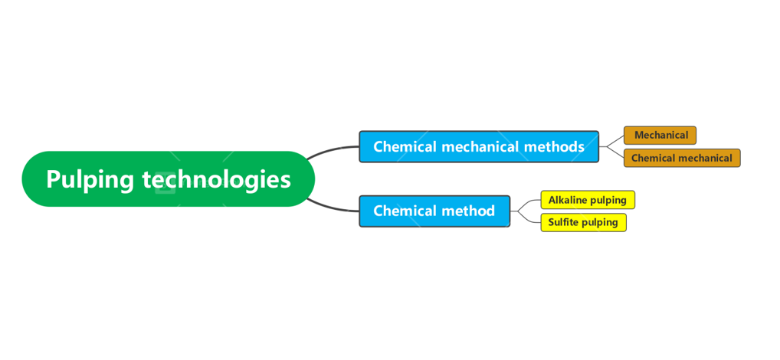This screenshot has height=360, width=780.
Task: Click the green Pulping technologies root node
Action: click(x=168, y=178)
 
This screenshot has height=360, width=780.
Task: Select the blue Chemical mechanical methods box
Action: click(x=478, y=146)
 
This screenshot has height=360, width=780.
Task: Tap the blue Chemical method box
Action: click(x=434, y=211)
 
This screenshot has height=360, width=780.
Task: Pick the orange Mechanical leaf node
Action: click(x=660, y=136)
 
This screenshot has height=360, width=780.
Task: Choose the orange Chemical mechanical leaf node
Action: click(x=681, y=159)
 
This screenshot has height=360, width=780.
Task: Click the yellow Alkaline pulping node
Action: click(x=587, y=200)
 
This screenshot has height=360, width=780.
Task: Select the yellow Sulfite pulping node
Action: click(x=582, y=223)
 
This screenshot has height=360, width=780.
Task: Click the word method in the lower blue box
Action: click(x=467, y=211)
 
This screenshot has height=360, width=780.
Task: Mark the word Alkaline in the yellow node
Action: click(x=569, y=200)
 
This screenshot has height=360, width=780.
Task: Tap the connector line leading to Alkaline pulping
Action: click(x=529, y=202)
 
